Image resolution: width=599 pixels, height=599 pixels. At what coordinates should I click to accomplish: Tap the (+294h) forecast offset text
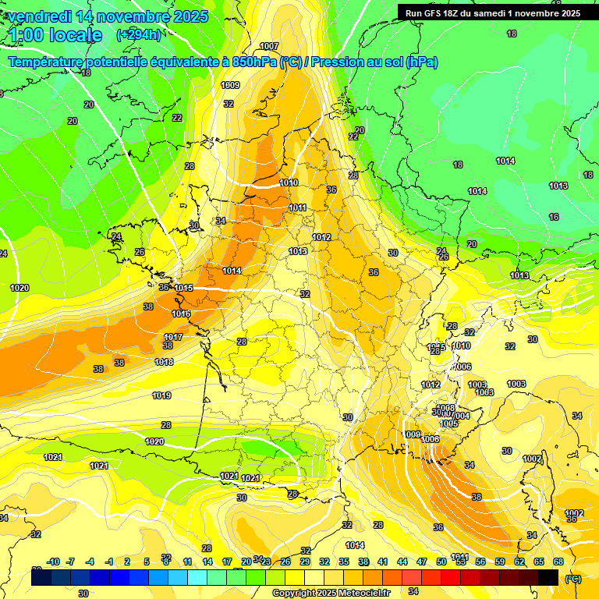139,35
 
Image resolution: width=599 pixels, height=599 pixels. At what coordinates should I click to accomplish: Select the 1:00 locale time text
55,35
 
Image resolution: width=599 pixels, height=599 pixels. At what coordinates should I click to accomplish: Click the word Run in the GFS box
414,12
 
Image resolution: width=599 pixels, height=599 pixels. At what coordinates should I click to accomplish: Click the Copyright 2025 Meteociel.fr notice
331,594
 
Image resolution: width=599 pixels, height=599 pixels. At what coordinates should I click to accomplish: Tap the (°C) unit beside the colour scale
573,579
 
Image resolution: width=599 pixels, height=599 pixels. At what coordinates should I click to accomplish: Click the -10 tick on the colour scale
53,562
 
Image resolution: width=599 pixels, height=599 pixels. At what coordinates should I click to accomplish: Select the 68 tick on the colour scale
558,562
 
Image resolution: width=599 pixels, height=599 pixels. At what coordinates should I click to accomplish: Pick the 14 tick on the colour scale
207,562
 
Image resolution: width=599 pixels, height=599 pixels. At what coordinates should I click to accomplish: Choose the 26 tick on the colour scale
285,562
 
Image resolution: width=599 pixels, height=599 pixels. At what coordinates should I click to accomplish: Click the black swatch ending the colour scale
548,577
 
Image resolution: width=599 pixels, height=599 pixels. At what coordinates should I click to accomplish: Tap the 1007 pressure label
269,46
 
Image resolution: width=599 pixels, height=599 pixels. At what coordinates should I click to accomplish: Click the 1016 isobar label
181,314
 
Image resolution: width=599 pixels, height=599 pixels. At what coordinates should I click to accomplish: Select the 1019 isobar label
161,395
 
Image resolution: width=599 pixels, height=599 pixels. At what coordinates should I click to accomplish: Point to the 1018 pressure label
164,362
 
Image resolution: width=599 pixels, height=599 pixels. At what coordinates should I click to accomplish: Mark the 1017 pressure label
173,337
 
